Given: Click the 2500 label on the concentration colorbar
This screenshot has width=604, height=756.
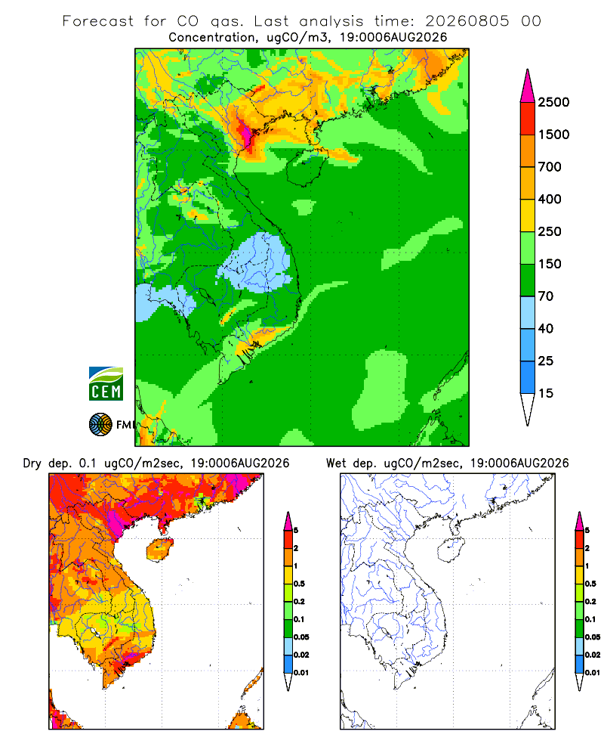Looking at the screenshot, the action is point(553,102).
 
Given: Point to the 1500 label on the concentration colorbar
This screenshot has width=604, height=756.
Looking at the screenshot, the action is point(553,135).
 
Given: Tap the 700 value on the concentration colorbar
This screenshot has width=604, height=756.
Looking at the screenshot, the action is point(550,167).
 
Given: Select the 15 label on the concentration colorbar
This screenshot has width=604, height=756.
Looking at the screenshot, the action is point(546,393).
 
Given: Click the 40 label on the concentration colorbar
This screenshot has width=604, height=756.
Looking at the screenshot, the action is point(546,328).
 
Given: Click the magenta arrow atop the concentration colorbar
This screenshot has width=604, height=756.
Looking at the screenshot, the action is point(528,87).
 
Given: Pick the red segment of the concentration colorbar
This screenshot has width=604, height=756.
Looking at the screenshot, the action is point(528,119).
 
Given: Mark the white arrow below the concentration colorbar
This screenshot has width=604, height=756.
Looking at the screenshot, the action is point(528,409).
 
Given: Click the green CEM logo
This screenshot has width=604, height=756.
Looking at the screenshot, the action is point(106,384).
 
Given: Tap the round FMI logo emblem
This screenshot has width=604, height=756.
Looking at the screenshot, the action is point(100,425).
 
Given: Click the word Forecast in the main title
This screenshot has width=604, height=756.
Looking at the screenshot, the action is point(98,21).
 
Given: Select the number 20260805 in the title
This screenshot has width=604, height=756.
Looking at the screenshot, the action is point(467,21).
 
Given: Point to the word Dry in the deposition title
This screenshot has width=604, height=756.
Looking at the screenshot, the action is point(32,463).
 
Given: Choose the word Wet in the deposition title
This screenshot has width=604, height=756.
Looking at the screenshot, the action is point(336,463).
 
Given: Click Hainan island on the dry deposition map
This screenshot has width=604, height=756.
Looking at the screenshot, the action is point(161,550).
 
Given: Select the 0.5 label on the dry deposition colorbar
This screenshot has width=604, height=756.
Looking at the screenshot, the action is point(299,584).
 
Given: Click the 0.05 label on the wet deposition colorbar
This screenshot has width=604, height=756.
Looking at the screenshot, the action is point(593,637).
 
